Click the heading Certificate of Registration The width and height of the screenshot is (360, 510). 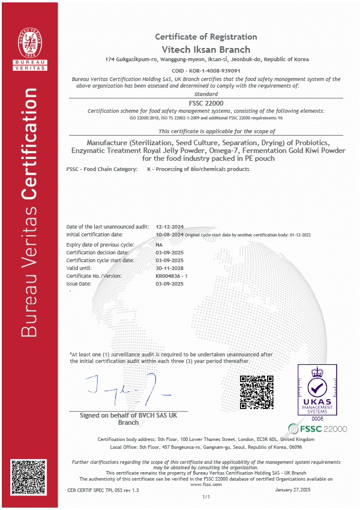[x=206, y=37]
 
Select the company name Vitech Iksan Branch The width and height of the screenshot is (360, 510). [x=206, y=49]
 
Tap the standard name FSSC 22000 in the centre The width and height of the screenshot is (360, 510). [x=206, y=103]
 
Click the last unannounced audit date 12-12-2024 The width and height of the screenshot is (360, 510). [x=169, y=227]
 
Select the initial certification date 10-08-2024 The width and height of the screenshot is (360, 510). [x=169, y=235]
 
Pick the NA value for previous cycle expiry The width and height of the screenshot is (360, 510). [x=159, y=245]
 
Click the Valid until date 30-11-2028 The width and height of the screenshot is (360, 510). [x=169, y=268]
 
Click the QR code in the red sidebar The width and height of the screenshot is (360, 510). [x=28, y=477]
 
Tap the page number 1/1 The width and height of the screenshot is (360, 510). [x=206, y=497]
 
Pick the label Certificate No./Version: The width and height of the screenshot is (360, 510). [x=94, y=275]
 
